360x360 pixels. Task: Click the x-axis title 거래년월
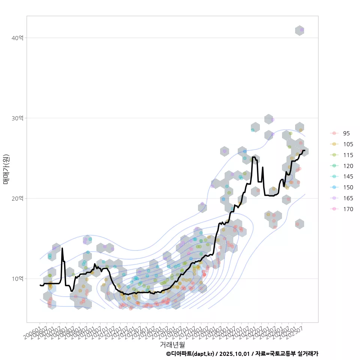click(x=172, y=344)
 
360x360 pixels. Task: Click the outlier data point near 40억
click(x=302, y=30)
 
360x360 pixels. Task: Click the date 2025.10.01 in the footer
click(x=235, y=354)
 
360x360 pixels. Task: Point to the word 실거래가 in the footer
click(x=308, y=354)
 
